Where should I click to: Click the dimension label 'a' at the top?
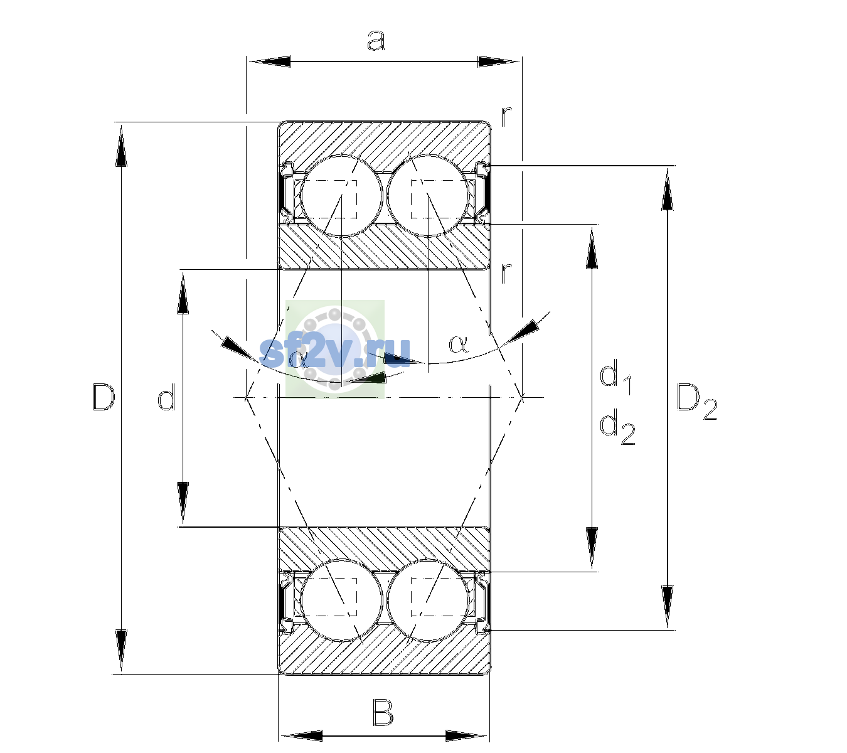[x=375, y=41]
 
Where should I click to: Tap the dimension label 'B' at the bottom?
[x=383, y=713]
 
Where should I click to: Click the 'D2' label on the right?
[x=696, y=402]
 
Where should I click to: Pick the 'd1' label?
[x=615, y=378]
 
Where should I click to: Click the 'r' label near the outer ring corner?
[x=506, y=117]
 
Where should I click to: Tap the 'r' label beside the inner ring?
[x=506, y=274]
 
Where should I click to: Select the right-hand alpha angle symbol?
[x=459, y=344]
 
